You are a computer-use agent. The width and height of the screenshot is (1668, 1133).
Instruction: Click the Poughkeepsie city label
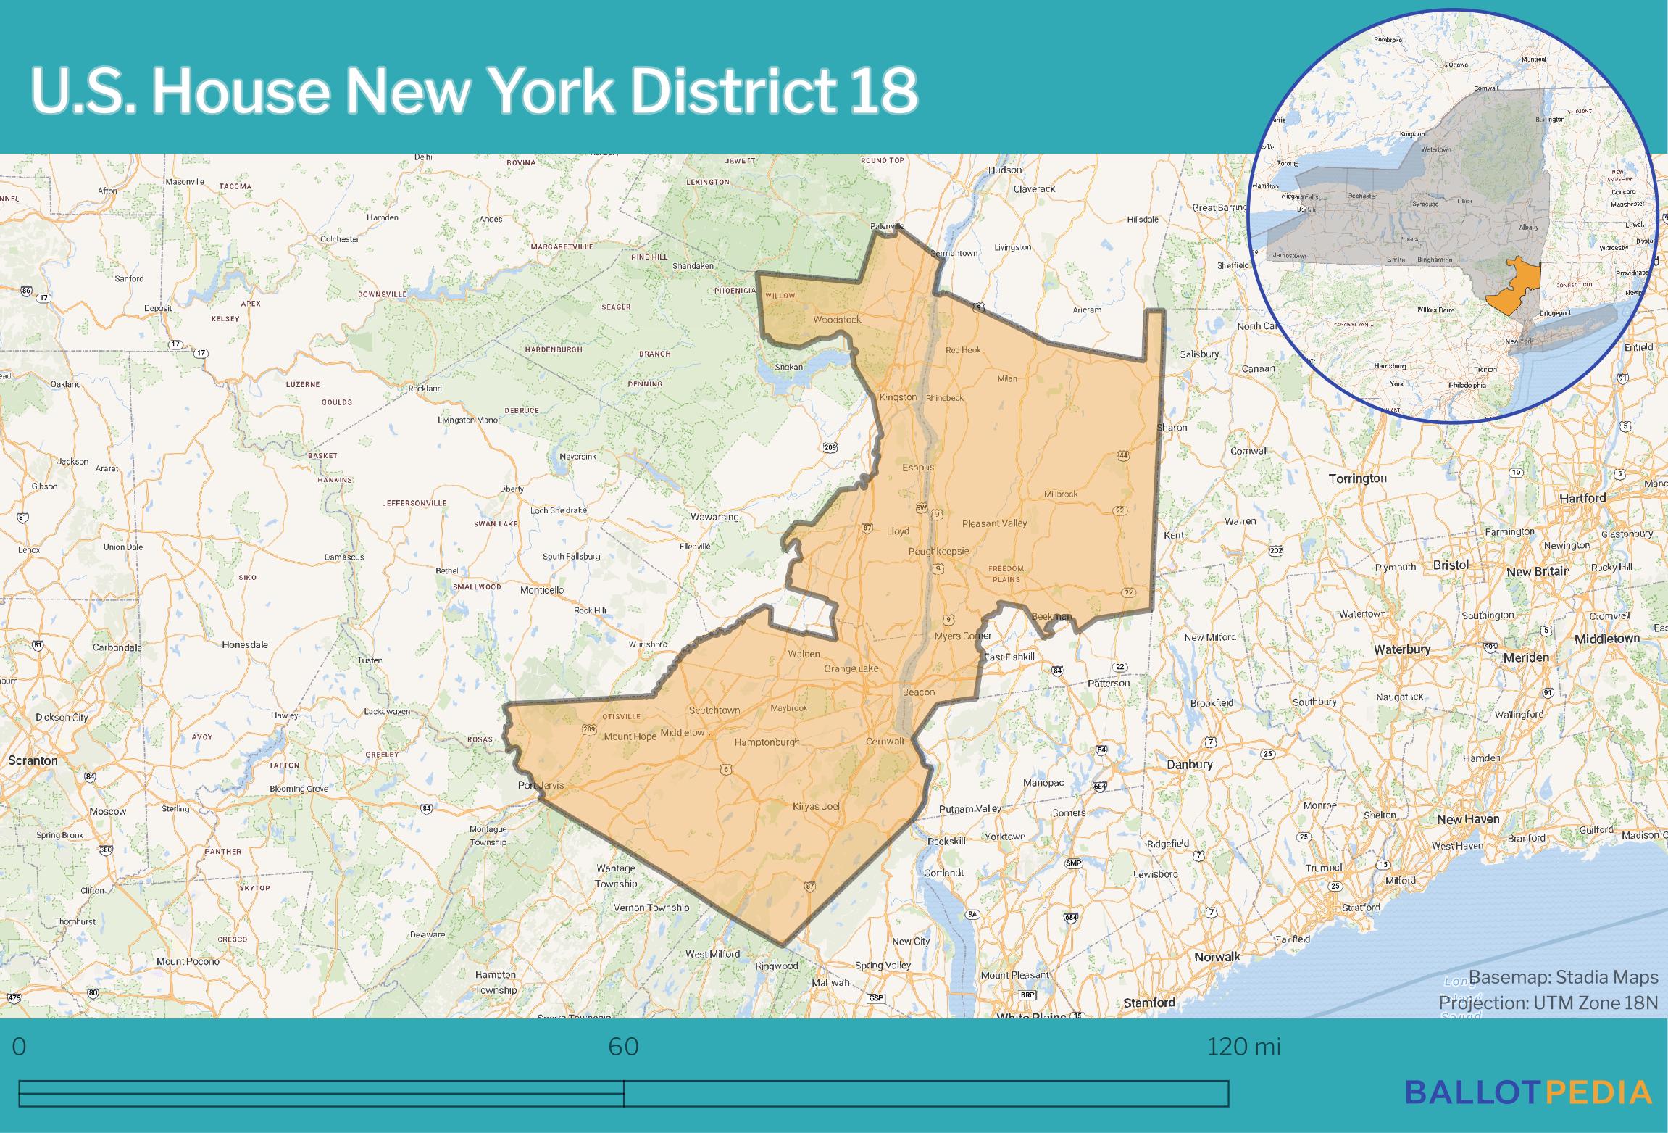point(938,551)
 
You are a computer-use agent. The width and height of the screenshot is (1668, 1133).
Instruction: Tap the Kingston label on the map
point(898,397)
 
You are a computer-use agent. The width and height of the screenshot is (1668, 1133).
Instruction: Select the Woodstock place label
point(837,319)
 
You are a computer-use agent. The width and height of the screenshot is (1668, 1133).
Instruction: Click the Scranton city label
point(33,760)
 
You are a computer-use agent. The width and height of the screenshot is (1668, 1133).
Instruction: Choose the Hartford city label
point(1582,498)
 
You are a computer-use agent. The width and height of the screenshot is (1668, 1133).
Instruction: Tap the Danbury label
point(1189,764)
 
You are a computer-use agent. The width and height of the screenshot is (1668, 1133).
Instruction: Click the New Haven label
point(1468,819)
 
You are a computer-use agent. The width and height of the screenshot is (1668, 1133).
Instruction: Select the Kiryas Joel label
point(816,806)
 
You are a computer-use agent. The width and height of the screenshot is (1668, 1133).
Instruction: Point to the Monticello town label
point(542,590)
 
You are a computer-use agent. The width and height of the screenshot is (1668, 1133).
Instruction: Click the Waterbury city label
point(1402,649)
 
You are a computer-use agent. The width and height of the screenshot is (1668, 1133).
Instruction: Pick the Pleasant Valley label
point(994,523)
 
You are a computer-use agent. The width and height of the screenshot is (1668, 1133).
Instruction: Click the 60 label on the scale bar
point(623,1047)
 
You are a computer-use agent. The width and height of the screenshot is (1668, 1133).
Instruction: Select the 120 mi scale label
point(1243,1047)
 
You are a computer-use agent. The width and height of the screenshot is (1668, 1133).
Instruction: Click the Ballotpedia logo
point(1529,1091)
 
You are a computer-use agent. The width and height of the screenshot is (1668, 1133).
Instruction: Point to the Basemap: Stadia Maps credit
point(1564,977)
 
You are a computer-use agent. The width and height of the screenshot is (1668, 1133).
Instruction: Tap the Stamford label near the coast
point(1149,1003)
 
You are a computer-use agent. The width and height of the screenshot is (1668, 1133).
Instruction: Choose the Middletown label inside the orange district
point(685,733)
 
